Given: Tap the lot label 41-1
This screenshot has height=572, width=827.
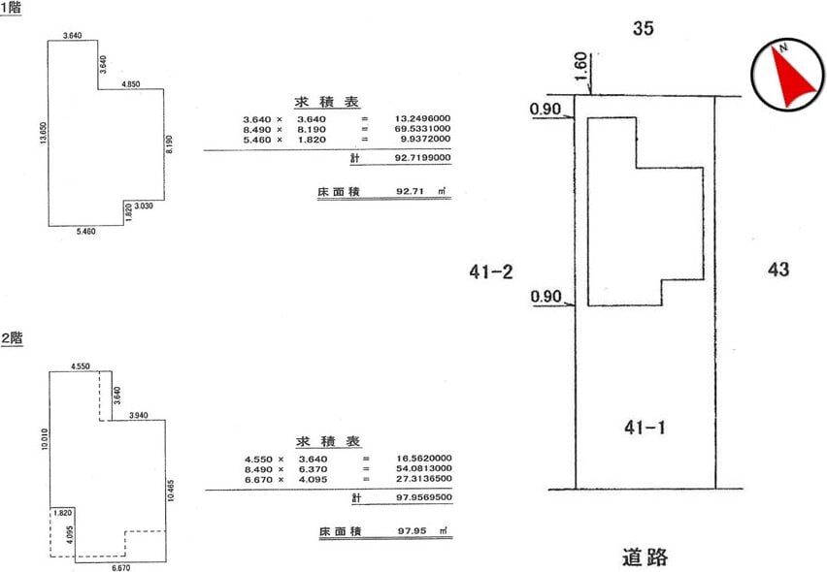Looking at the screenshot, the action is [x=645, y=428].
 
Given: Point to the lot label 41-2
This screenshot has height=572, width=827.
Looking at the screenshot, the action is [x=490, y=271].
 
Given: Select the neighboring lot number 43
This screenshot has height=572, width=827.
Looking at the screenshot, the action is [x=778, y=270].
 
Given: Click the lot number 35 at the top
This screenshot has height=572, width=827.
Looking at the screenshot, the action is [x=643, y=28].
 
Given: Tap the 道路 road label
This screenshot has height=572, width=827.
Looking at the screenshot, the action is [x=645, y=556].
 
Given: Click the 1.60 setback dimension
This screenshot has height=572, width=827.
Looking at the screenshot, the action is [x=580, y=66].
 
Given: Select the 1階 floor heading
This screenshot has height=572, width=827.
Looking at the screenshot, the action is [x=11, y=8].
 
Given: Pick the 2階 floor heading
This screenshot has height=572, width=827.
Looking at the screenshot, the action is [x=12, y=338].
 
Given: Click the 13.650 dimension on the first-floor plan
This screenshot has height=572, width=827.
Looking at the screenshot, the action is [x=44, y=133].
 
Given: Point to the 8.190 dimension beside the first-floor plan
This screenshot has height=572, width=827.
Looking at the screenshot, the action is [x=169, y=144].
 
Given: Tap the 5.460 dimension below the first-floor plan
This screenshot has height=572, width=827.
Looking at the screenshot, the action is [x=86, y=231].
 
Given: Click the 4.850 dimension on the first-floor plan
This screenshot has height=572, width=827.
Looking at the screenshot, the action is [x=130, y=84].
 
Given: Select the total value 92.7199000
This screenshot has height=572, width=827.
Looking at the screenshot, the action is [x=422, y=157].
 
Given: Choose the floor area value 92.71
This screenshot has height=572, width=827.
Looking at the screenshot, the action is [x=410, y=191].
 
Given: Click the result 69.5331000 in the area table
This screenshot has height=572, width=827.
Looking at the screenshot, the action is [x=422, y=129].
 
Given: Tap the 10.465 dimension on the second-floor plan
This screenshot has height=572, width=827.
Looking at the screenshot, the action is [x=171, y=490].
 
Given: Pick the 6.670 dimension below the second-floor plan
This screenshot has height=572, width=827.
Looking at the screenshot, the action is [x=120, y=568].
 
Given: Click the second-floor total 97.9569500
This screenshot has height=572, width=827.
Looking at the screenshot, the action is [x=424, y=497].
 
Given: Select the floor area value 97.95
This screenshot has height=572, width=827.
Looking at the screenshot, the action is [x=412, y=531].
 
